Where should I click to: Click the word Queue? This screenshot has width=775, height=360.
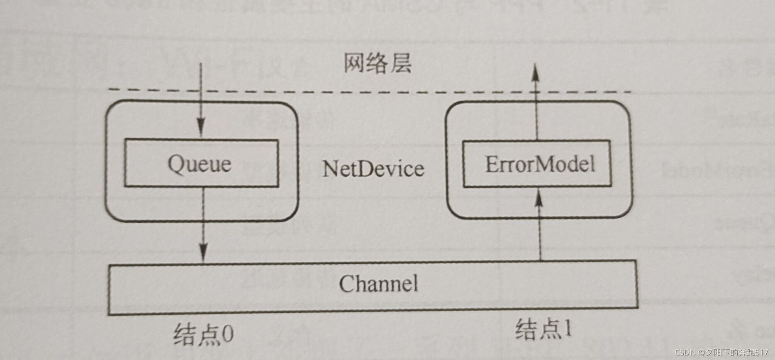coord(199,164)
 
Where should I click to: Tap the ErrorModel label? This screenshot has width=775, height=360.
coord(540,164)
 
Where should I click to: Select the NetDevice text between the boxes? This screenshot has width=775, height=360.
coord(373,169)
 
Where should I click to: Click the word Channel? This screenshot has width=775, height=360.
coord(378,284)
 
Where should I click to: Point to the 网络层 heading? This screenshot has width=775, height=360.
coord(377,64)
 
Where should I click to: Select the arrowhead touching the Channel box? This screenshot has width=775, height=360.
coord(203,252)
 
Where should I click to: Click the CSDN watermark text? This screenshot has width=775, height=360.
coord(721,353)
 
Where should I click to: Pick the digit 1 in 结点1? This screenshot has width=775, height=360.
coord(568,329)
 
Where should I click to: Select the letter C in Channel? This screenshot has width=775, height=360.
coord(346,284)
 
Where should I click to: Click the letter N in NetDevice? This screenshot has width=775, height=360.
coord(330,169)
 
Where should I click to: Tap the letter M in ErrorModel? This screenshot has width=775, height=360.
coord(548,164)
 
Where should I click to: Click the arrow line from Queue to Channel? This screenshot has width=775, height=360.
coord(203,220)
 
